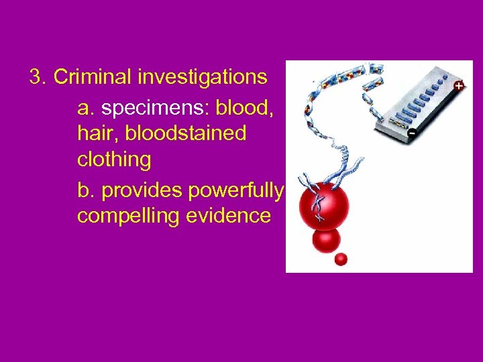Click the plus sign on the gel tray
pyautogui.click(x=458, y=85)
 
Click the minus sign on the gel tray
pyautogui.click(x=412, y=133)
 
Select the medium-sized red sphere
pyautogui.click(x=326, y=239)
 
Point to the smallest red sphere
pyautogui.click(x=341, y=259)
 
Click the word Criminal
pyautogui.click(x=93, y=77)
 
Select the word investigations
pyautogui.click(x=203, y=78)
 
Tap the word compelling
pyautogui.click(x=131, y=216)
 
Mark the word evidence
pyautogui.click(x=230, y=216)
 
